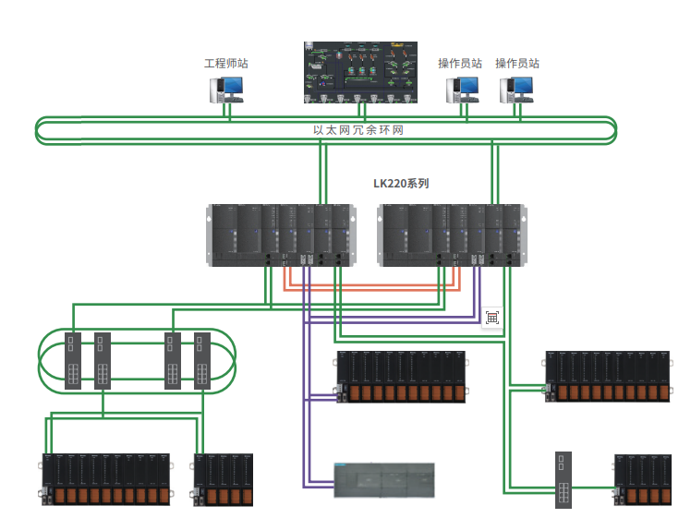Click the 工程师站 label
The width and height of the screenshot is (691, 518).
tap(226, 64)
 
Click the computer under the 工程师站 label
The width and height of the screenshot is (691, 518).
tap(226, 89)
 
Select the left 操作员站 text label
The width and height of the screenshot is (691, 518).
tap(460, 64)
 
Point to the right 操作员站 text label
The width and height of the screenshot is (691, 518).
tap(517, 64)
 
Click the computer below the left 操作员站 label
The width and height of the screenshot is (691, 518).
tap(464, 90)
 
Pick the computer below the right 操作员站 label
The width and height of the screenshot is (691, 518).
tap(516, 90)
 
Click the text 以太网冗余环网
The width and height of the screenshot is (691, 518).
tap(358, 130)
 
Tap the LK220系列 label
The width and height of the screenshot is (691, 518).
tap(401, 184)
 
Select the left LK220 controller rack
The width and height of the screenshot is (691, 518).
tap(281, 235)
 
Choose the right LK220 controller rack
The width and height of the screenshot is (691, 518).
tap(453, 235)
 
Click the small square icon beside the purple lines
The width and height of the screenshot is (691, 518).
tap(492, 317)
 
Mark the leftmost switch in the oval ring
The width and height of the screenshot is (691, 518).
tap(74, 359)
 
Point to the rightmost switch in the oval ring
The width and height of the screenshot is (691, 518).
tap(201, 359)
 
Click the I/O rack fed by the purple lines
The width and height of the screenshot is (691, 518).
tap(399, 377)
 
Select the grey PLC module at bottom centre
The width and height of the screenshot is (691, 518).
tap(382, 480)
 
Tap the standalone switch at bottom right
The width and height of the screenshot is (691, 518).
tap(565, 479)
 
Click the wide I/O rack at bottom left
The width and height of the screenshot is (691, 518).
tap(106, 479)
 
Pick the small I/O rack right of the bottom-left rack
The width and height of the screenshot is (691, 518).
tap(224, 479)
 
